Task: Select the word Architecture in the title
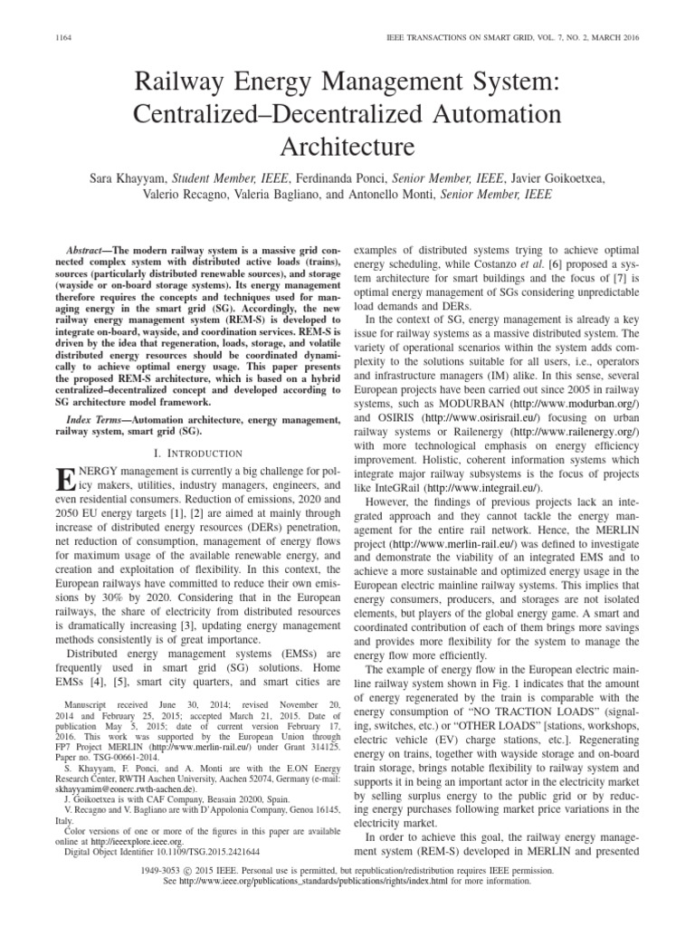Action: click(x=347, y=145)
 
